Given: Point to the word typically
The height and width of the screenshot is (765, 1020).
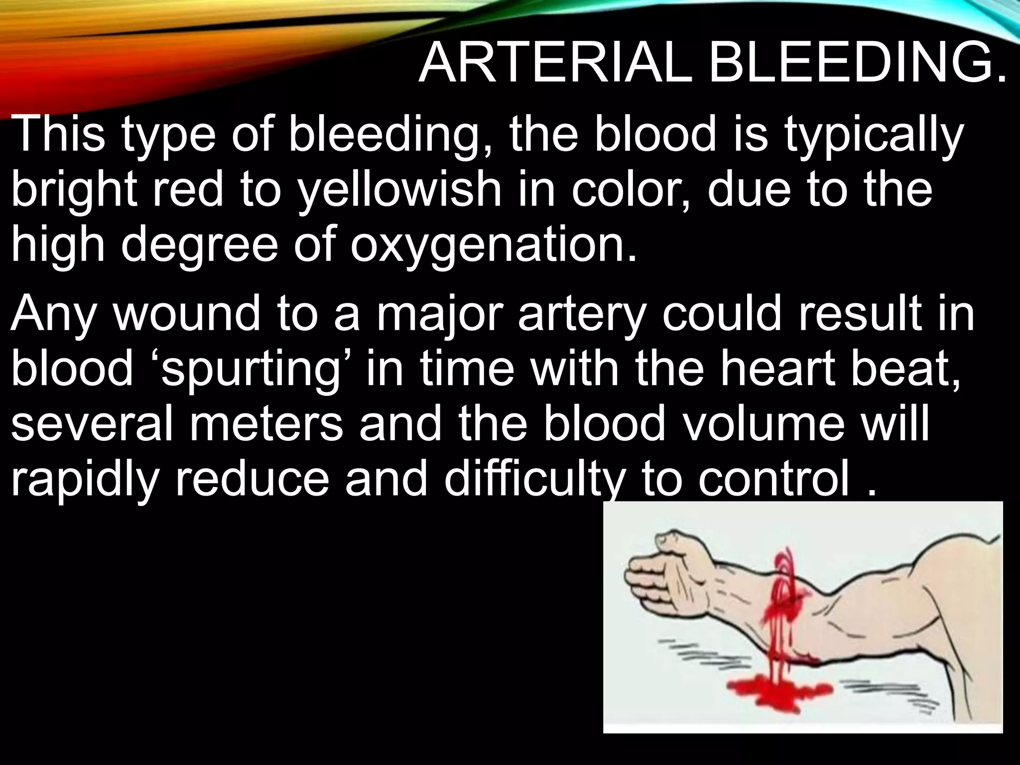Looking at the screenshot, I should [872, 135].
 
